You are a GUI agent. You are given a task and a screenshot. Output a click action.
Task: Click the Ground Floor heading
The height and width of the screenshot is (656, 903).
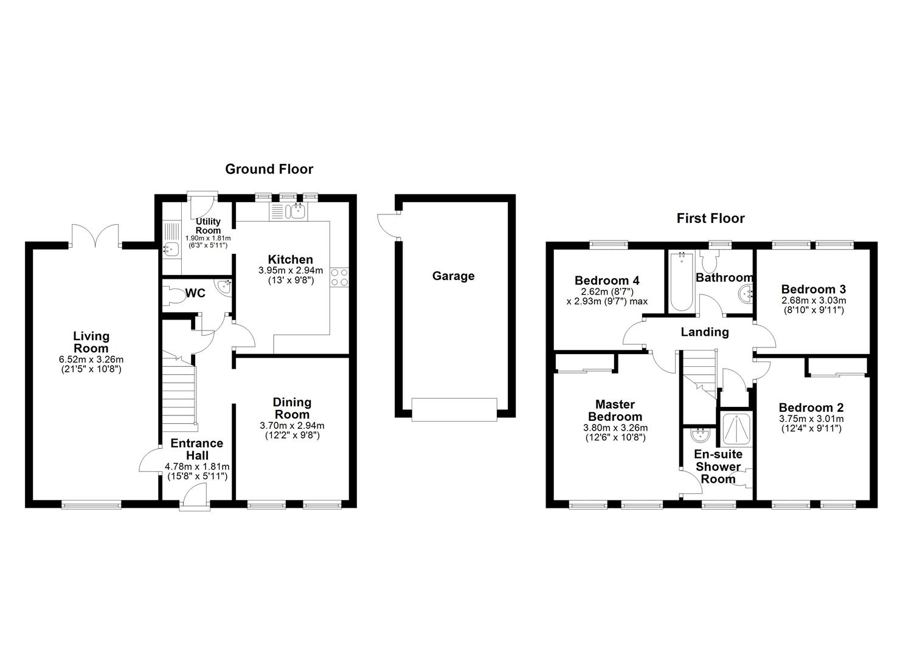tap(269, 169)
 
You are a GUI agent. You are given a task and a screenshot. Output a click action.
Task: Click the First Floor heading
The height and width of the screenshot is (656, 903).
tap(710, 219)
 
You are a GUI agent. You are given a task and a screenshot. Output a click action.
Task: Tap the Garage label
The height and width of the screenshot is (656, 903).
tap(453, 276)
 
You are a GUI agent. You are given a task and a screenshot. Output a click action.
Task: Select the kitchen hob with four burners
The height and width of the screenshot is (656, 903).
tap(339, 277)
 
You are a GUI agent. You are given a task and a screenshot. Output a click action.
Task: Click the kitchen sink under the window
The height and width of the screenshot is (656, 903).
tap(298, 211)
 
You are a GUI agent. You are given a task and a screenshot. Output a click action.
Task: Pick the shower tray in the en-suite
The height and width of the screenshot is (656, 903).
tap(735, 431)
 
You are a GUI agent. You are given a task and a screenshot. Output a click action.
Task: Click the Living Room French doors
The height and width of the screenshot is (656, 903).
tap(95, 236)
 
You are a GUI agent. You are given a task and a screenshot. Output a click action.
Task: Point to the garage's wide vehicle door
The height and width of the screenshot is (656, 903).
tap(454, 409)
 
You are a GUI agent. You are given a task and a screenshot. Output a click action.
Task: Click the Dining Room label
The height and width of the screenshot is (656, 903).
tap(292, 408)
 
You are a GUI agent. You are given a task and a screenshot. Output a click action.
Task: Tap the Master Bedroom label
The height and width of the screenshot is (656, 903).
tap(615, 411)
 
